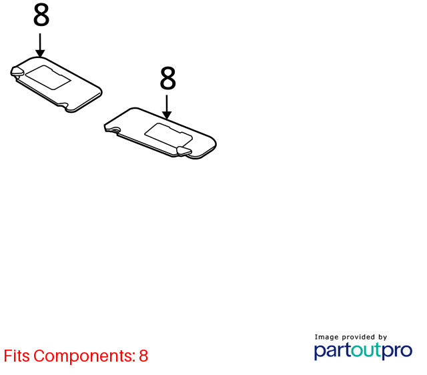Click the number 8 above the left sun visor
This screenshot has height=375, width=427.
pos(41,15)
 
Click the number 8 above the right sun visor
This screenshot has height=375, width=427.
pos(167,78)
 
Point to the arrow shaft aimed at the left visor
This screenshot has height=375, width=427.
pos(40,42)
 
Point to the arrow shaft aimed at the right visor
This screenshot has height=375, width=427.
pos(167,103)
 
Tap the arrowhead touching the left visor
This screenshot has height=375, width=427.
pos(40,53)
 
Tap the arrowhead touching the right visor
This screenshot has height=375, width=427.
pos(167,115)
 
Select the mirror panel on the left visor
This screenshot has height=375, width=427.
pos(48,77)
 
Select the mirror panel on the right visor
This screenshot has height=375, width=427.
pos(169,135)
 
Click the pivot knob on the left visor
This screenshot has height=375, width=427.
pos(17,71)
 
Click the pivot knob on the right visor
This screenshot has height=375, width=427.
pos(184,151)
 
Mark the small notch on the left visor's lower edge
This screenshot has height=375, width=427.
pos(63,105)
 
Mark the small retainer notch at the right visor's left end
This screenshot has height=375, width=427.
pos(115,130)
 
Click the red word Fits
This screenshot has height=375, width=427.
pos(17,356)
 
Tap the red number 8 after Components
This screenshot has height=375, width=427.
pos(143,356)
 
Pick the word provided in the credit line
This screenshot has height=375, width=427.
pos(358,337)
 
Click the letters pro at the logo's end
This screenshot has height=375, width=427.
pos(397,352)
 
